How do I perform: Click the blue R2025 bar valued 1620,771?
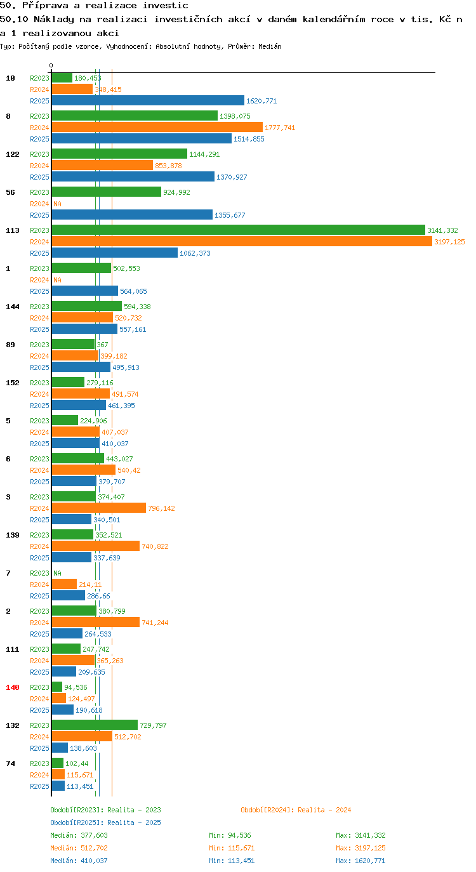pyautogui.click(x=148, y=101)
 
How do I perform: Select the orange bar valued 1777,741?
pyautogui.click(x=157, y=128)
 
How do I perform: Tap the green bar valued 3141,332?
pyautogui.click(x=238, y=230)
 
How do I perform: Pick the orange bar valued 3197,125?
pyautogui.click(x=242, y=242)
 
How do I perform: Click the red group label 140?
pyautogui.click(x=13, y=687)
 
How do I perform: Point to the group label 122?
pyautogui.click(x=13, y=154)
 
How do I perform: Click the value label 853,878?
pyautogui.click(x=168, y=166)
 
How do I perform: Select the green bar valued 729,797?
pyautogui.click(x=95, y=725)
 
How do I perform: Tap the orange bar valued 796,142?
pyautogui.click(x=99, y=508)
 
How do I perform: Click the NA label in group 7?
pyautogui.click(x=57, y=573)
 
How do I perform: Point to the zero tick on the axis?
pyautogui.click(x=51, y=66)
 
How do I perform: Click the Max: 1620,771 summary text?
pyautogui.click(x=360, y=861)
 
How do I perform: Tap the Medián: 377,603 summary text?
pyautogui.click(x=79, y=835)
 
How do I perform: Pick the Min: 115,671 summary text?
pyautogui.click(x=232, y=848)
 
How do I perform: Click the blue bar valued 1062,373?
pyautogui.click(x=114, y=253)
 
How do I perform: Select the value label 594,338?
pyautogui.click(x=137, y=307)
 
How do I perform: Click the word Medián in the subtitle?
pyautogui.click(x=270, y=47)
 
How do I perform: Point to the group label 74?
pyautogui.click(x=11, y=763)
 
